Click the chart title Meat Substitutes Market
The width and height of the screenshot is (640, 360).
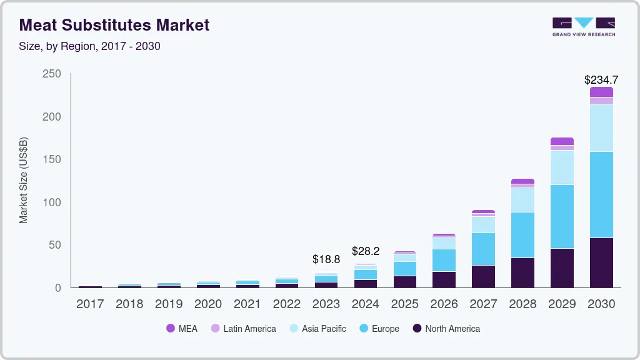pos(114,25)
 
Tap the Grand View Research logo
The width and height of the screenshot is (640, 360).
pos(584,26)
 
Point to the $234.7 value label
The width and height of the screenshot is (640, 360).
pos(601,79)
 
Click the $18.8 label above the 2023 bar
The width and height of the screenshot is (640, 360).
pos(326,259)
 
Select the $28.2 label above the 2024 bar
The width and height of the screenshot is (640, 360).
pos(365,251)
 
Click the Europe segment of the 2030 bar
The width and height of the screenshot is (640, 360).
pos(601,194)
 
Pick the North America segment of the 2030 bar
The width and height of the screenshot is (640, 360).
pos(601,262)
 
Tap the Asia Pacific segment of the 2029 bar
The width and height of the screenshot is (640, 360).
pos(562,167)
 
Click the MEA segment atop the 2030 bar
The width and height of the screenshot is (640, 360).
pos(601,92)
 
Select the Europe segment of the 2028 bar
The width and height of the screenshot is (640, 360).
pos(522,234)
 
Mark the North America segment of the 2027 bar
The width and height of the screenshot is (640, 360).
pos(483,276)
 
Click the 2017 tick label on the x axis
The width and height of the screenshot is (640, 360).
pos(90,304)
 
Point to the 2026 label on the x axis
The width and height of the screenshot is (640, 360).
pos(444,304)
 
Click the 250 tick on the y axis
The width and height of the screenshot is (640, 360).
pos(52,74)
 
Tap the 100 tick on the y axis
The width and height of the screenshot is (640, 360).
pos(52,202)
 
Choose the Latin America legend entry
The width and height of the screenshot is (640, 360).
pos(243,329)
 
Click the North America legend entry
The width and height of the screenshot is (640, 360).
pos(446,329)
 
